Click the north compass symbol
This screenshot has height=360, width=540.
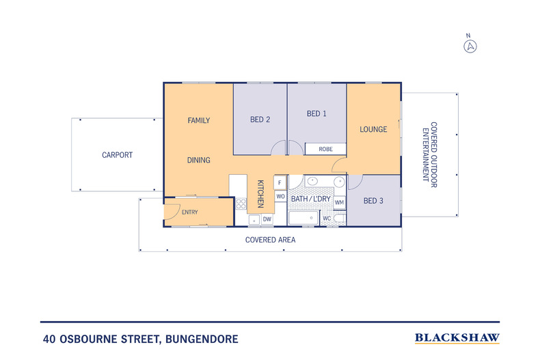click(x=470, y=46)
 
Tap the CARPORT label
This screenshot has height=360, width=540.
click(x=117, y=155)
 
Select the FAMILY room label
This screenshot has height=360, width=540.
click(x=198, y=121)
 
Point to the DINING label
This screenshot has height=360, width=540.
click(x=198, y=161)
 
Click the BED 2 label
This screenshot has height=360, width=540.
click(x=260, y=120)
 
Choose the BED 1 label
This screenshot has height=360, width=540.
click(x=316, y=113)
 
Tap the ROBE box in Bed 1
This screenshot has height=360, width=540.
click(x=325, y=149)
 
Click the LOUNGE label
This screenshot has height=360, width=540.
click(x=373, y=129)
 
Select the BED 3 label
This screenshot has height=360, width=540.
click(x=373, y=201)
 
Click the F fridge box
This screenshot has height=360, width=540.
click(x=280, y=183)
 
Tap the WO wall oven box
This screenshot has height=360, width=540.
click(x=280, y=196)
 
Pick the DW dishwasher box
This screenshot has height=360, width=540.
click(x=267, y=219)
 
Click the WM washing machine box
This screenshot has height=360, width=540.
click(x=339, y=202)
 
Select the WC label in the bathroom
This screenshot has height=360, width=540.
click(x=327, y=219)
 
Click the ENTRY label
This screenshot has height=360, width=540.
click(x=189, y=212)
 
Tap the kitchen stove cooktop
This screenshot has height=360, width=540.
click(x=241, y=203)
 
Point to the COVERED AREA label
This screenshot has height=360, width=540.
click(x=270, y=240)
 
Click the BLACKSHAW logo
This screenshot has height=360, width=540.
click(x=457, y=338)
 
